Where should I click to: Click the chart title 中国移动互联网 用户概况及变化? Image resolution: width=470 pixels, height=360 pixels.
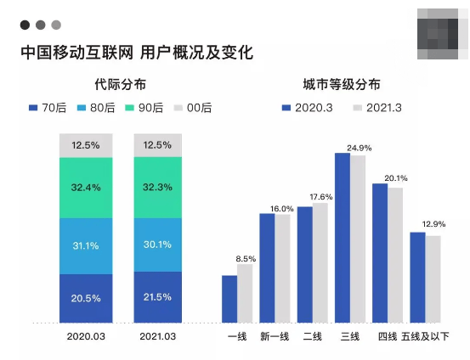click(x=136, y=52)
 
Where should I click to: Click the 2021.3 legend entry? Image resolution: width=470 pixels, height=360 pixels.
click(x=377, y=108)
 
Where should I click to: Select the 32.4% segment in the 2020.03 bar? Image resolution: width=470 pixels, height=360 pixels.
click(x=85, y=187)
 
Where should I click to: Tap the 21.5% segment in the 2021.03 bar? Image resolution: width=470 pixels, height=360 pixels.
click(x=157, y=297)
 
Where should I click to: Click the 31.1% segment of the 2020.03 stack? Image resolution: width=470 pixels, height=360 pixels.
click(x=85, y=245)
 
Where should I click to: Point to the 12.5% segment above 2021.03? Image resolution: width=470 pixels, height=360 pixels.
click(x=157, y=145)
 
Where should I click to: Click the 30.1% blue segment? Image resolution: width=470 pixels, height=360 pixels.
click(x=157, y=245)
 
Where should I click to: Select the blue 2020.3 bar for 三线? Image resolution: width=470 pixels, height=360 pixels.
click(x=343, y=237)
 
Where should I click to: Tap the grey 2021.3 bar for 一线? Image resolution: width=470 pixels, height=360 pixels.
click(x=245, y=293)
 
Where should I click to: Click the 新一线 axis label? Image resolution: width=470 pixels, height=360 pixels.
click(x=275, y=337)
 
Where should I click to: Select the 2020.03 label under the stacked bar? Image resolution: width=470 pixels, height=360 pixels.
click(x=85, y=337)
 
